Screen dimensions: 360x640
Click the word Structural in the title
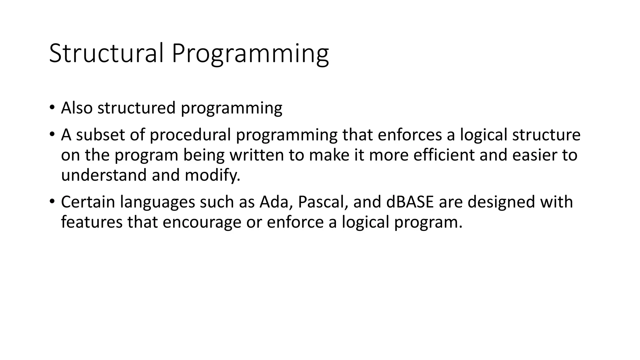(106, 53)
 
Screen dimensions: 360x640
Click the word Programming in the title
(250, 54)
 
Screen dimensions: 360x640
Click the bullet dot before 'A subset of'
(52, 135)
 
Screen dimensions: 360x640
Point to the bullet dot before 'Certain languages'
(52, 202)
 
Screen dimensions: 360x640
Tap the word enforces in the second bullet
(410, 135)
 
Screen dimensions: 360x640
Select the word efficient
(444, 155)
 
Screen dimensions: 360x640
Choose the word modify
(212, 175)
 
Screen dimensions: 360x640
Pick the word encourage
(202, 222)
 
